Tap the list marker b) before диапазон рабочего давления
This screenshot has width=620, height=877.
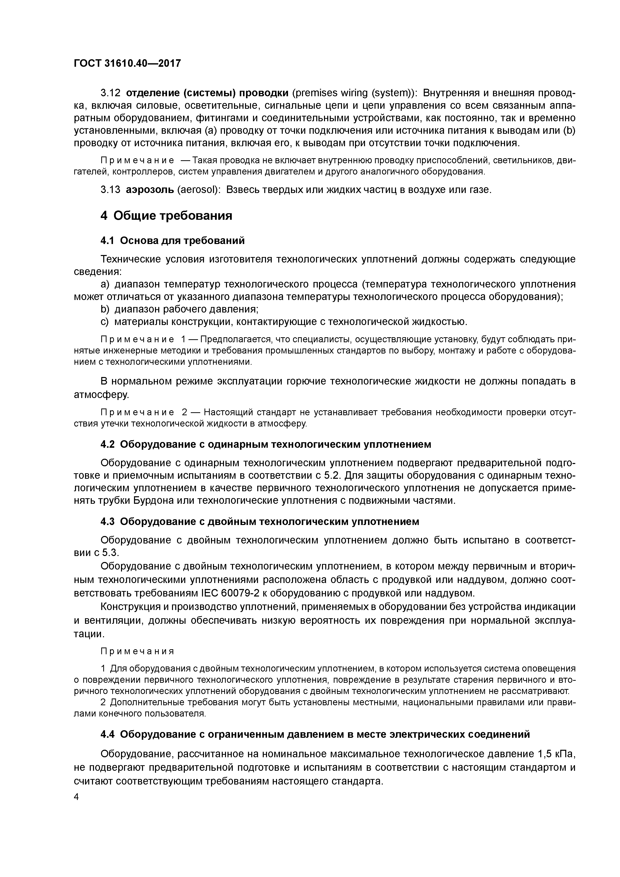coord(105,309)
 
